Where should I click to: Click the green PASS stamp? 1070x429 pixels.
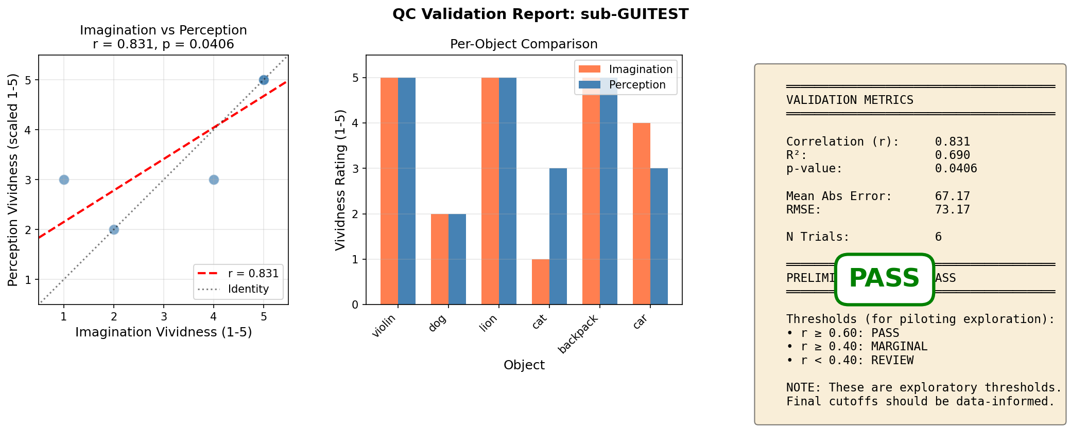[884, 279]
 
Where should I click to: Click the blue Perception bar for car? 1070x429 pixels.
[659, 236]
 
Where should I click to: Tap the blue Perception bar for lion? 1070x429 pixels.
[508, 191]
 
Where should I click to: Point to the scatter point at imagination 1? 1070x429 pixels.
[64, 180]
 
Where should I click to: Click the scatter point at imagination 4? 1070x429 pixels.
[214, 180]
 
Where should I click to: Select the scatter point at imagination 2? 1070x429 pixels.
[114, 229]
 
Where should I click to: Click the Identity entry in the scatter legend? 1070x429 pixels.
[248, 289]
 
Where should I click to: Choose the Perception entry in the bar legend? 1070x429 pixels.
[637, 85]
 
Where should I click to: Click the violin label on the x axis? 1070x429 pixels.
[384, 325]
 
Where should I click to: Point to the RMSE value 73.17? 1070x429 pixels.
[952, 209]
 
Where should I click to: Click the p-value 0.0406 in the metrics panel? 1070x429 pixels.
[956, 169]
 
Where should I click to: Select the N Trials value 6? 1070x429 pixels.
[938, 237]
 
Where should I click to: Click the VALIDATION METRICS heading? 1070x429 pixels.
[850, 100]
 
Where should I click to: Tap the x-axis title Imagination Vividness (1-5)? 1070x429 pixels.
[163, 332]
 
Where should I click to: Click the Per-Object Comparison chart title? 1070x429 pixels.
[524, 44]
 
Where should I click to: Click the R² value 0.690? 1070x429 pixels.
[952, 155]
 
